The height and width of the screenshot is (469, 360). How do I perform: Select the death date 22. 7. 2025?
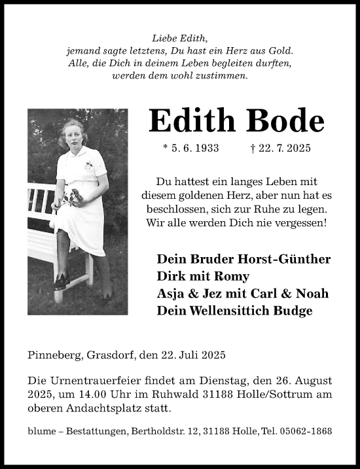(x=285, y=150)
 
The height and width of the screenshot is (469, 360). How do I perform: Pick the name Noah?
(x=312, y=292)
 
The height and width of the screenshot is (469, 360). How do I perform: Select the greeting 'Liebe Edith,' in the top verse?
(x=179, y=38)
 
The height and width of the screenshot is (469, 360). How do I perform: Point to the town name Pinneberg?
(x=55, y=356)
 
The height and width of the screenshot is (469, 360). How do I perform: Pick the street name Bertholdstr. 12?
(x=167, y=431)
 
